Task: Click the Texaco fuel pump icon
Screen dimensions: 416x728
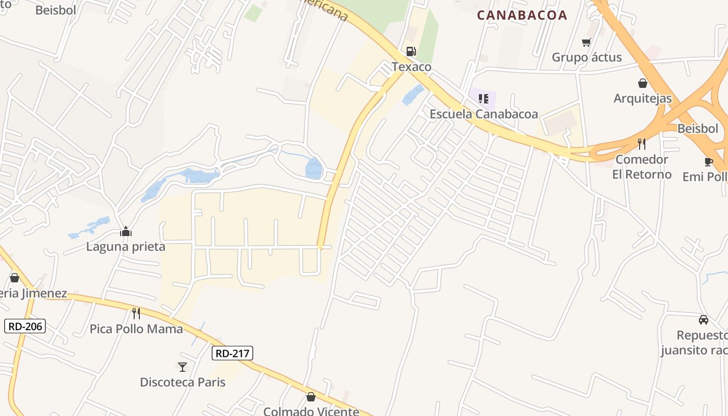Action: [x=411, y=51]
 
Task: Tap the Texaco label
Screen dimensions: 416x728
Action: [x=411, y=67]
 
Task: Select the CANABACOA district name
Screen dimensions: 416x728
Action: [x=522, y=15]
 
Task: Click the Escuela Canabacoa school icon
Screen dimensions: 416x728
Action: [x=484, y=98]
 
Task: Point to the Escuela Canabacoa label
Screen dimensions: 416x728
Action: [x=484, y=114]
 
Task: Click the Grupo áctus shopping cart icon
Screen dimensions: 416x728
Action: [x=587, y=42]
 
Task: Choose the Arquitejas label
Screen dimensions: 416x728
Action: [x=643, y=98]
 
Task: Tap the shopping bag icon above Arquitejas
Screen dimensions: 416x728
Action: [x=643, y=83]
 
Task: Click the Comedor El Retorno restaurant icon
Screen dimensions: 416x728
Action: [x=642, y=144]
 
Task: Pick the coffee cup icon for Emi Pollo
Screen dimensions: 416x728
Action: [x=708, y=162]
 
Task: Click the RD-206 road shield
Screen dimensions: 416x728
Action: [x=25, y=327]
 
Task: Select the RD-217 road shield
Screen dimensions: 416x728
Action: [x=232, y=354]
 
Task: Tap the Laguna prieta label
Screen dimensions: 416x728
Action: [x=126, y=246]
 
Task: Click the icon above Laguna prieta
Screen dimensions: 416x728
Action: [x=126, y=231]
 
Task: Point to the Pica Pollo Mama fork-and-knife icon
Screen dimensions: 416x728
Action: [x=136, y=314]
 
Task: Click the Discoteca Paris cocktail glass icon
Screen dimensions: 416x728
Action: [x=183, y=367]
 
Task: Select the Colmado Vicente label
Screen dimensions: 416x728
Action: [x=311, y=411]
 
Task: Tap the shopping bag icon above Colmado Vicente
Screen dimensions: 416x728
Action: [x=311, y=397]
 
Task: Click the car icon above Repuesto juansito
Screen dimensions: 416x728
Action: [x=704, y=320]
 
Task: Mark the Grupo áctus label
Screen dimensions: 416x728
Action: [x=587, y=57]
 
